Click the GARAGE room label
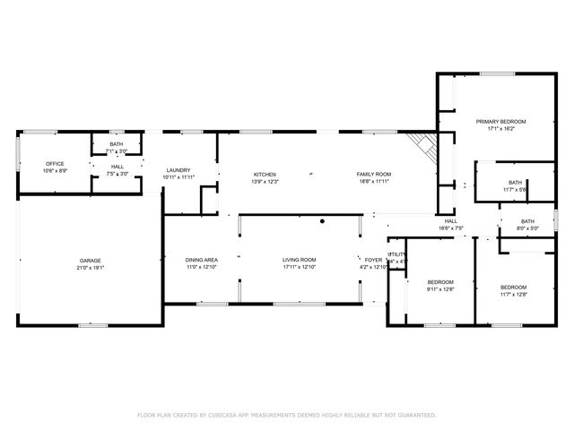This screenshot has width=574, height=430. [x=90, y=261]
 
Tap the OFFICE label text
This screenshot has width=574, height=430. [x=55, y=163]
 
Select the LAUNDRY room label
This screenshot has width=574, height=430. [x=178, y=170]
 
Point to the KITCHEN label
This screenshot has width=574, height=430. [x=264, y=175]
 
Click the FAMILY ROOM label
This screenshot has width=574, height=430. [x=373, y=175]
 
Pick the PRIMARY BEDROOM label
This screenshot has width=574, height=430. [x=500, y=121]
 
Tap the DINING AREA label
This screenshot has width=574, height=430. [x=202, y=260]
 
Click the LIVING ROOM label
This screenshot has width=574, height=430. [x=300, y=260]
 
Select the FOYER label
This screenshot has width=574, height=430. [x=372, y=260]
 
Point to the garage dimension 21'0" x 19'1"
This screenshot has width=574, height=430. [x=90, y=268]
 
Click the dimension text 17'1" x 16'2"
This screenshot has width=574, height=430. [x=500, y=128]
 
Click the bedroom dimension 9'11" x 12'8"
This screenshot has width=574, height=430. [x=440, y=289]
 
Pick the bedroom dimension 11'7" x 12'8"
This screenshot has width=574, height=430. [x=513, y=294]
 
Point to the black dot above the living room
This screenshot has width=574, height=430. [x=322, y=220]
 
